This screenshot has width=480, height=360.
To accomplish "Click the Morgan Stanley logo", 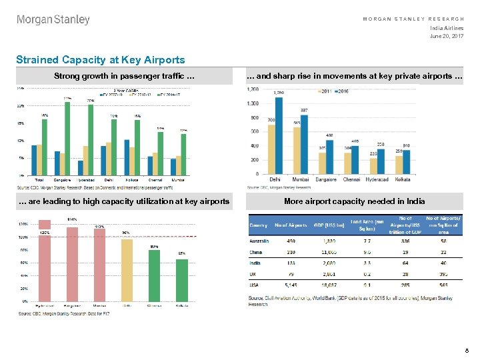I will coord(53,20).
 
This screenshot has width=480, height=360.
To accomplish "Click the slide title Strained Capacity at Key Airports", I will coord(101,60).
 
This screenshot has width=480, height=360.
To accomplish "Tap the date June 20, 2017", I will coord(447,35).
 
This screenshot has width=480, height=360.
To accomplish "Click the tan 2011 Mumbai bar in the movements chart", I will coord(297,151).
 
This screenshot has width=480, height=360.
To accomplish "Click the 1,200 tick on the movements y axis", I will coord(253,89).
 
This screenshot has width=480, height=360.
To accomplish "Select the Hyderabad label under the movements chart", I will coord(377,179).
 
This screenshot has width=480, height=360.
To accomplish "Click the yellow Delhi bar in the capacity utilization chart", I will coord(127,269).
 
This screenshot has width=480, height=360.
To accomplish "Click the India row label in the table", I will coord(255,262).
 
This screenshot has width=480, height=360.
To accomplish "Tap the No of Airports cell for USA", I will coord(291,286).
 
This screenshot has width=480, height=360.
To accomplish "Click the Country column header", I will coord(259,225).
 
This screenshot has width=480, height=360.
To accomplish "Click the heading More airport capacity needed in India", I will coord(354,201).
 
